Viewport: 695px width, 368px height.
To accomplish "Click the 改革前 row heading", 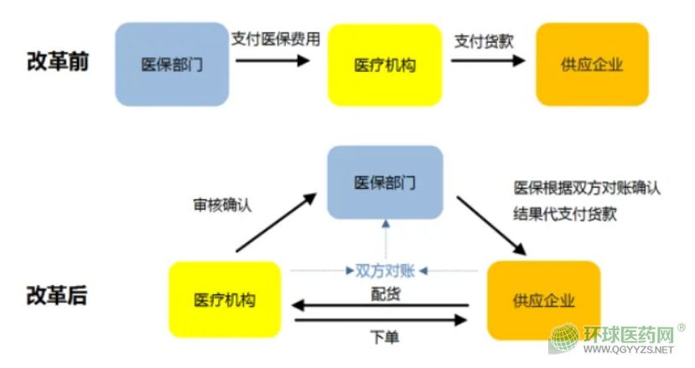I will point(57,62).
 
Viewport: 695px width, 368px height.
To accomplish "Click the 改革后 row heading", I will point(57,297).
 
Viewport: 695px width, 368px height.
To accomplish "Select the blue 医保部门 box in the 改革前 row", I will point(173,65).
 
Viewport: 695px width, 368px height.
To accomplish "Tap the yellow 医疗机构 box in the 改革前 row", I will point(385,65).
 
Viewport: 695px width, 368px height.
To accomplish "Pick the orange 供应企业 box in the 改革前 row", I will point(592,65).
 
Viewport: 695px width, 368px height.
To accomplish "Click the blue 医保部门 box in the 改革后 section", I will point(385,183).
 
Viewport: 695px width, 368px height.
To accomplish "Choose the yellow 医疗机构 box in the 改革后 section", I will point(225,300).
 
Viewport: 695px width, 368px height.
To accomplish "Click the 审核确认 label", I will point(221,204).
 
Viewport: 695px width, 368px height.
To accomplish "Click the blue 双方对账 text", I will point(386,270).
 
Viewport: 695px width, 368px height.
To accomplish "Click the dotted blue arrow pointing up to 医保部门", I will point(385,239).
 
